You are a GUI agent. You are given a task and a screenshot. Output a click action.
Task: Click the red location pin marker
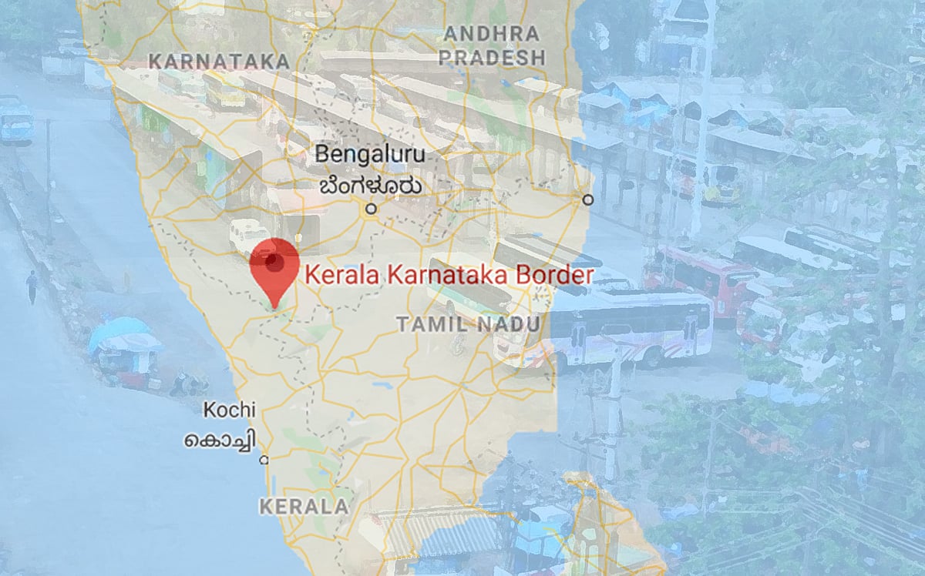[x=274, y=266]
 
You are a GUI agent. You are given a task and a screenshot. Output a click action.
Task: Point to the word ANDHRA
[x=492, y=34]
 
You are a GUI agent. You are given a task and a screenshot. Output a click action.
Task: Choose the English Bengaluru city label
[x=369, y=154]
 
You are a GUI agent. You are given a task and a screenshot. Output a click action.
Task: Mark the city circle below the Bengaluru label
[x=371, y=208]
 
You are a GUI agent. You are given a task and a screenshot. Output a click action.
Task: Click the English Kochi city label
[x=229, y=410]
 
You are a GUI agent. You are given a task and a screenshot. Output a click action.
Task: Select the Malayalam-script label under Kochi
[x=220, y=441]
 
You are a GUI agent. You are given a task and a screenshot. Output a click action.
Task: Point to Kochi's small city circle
[x=264, y=460]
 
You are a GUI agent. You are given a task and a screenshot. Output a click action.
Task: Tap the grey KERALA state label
[x=304, y=507]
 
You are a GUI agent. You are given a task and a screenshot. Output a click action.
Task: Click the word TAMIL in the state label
[x=430, y=324]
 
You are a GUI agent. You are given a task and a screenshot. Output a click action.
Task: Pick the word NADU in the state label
[x=506, y=324]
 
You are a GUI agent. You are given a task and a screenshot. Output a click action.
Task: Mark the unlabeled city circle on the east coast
[x=588, y=199]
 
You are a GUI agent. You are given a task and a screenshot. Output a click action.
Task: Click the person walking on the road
[x=31, y=286]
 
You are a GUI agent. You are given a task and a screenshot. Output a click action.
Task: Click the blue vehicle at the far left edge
[x=15, y=120]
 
